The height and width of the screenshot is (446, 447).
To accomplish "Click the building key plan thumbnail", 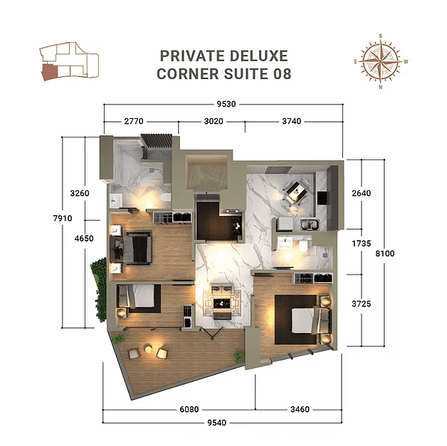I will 70,63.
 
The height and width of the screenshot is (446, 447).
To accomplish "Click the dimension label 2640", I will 362,193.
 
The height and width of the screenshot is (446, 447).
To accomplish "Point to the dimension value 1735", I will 362,243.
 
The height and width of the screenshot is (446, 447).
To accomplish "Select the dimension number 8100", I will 385,253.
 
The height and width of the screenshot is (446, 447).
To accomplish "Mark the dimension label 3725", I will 362,304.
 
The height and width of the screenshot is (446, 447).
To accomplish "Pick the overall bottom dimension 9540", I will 224,423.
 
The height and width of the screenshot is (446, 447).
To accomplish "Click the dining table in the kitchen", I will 293,190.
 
